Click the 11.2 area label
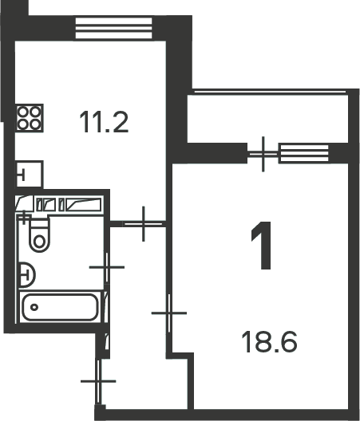pyautogui.click(x=104, y=122)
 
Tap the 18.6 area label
pyautogui.click(x=269, y=341)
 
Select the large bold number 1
pyautogui.click(x=262, y=246)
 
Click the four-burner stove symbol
pyautogui.click(x=30, y=118)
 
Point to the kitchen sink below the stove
pyautogui.click(x=30, y=175)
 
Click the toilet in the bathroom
pyautogui.click(x=40, y=235)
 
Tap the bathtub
pyautogui.click(x=60, y=307)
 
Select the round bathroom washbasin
pyautogui.click(x=27, y=275)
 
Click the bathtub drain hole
pyautogui.click(x=34, y=307)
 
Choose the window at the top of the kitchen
pyautogui.click(x=113, y=28)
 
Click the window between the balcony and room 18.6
pyautogui.click(x=303, y=154)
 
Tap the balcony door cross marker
pyautogui.click(x=263, y=154)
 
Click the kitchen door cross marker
pyautogui.click(x=144, y=223)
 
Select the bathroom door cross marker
pyautogui.click(x=107, y=267)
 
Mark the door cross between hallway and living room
pyautogui.click(x=169, y=313)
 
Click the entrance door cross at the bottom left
pyautogui.click(x=98, y=381)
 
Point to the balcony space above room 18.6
pyautogui.click(x=267, y=118)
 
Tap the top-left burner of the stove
pyautogui.click(x=24, y=112)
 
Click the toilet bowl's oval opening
pyautogui.click(x=40, y=241)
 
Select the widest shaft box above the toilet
pyautogui.click(x=83, y=205)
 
